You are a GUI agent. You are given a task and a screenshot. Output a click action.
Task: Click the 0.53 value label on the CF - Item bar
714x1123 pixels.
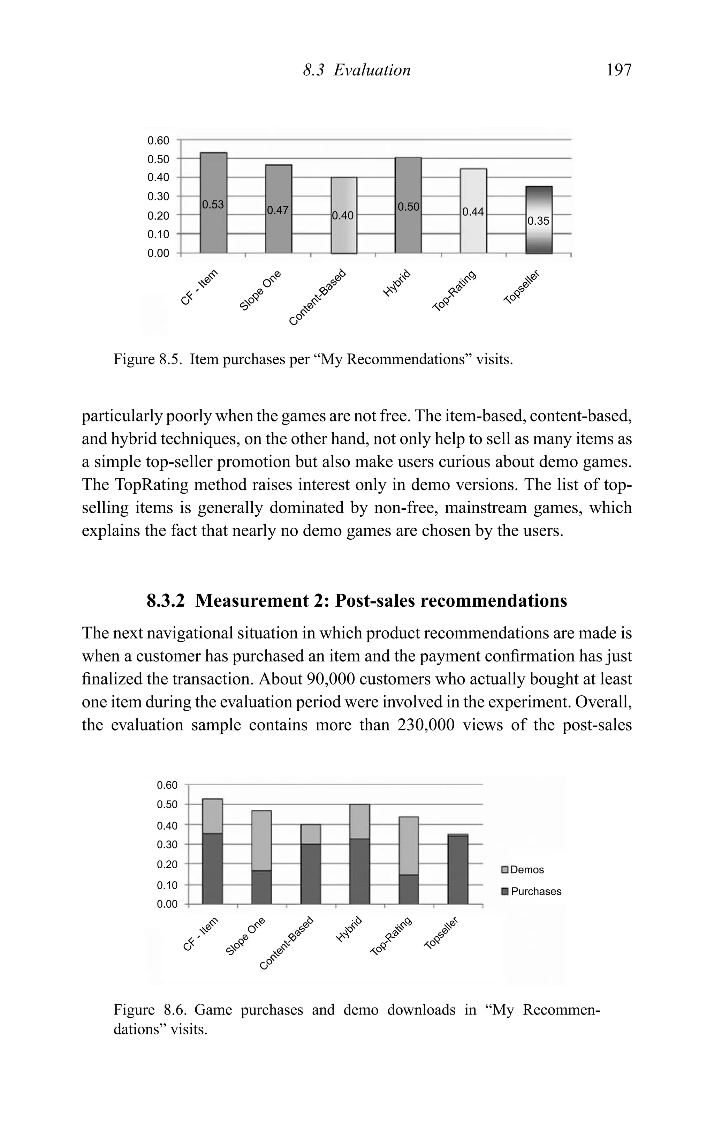(x=213, y=205)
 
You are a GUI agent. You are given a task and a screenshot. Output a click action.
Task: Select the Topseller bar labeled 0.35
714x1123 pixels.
(x=539, y=220)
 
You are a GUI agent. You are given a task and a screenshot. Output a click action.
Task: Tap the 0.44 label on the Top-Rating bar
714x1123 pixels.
(x=473, y=212)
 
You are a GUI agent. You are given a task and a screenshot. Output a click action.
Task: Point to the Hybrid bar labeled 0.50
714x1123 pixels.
(x=408, y=206)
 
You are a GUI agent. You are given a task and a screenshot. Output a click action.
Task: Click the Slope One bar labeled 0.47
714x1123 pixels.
(x=278, y=210)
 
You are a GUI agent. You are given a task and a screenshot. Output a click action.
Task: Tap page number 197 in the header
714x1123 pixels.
(x=619, y=70)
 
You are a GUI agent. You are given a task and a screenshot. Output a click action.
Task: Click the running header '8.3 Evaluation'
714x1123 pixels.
(x=357, y=70)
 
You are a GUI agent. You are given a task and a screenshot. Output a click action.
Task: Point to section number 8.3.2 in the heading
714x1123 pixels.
(x=166, y=601)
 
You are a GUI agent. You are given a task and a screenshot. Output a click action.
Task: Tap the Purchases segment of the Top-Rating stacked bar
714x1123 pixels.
(x=409, y=889)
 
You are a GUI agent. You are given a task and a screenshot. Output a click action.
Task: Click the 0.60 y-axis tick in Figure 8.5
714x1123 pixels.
(x=159, y=140)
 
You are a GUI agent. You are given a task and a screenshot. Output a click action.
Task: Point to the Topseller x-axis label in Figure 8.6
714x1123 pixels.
(x=442, y=932)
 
